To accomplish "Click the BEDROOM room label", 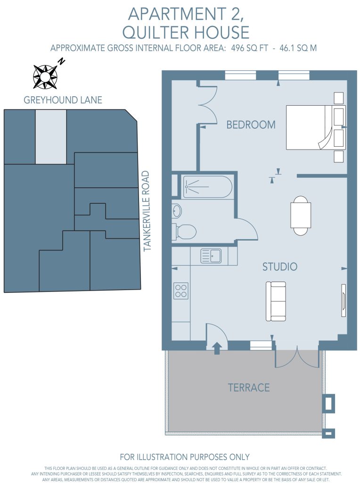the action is coord(251,125).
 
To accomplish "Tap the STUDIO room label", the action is coord(280,266).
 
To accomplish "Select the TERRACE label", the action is coord(249,388).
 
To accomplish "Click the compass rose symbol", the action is coord(46,76).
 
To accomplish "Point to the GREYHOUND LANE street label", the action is coord(63,100).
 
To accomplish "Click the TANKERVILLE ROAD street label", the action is coord(147,211).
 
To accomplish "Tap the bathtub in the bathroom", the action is coord(207,187).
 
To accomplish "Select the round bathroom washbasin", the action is coord(177,211).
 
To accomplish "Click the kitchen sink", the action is coord(211,256).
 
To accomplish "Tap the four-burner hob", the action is coord(181,291).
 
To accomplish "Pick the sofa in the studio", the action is coord(276,301).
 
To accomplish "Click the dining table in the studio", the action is coord(301,215).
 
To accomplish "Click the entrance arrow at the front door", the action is coord(217,348).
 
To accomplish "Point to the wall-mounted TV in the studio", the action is coord(344,300).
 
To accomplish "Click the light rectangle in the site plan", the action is coord(51,137).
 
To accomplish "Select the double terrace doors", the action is coord(297,359).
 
